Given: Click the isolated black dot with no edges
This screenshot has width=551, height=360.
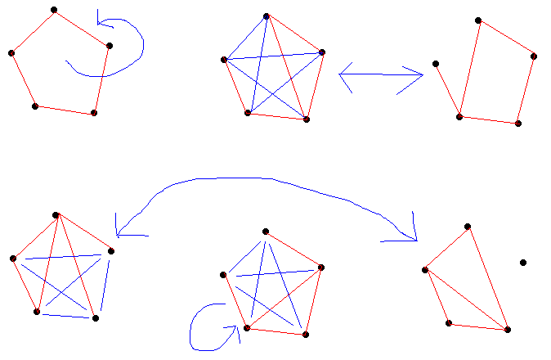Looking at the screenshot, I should coord(523,263).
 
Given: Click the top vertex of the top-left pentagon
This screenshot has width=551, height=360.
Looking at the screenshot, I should coord(54,10).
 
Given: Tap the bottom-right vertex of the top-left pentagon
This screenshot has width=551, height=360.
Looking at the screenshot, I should coord(94,113).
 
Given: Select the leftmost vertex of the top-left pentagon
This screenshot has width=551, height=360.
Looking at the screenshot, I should coord(11,53).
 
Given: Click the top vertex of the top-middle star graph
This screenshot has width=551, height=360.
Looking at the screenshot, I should coord(267,16).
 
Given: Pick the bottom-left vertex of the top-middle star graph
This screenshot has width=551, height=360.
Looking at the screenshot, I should coord(247,112).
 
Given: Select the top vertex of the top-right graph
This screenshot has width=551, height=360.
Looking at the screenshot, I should coord(477,21).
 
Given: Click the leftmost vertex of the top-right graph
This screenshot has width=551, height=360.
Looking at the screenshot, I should coord(436,64).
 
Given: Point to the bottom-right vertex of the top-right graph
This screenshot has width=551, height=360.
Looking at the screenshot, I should coord(518,124).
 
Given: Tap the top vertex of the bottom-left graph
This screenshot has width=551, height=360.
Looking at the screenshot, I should coord(56,215).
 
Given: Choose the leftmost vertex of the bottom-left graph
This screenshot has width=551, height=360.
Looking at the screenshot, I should coord(13,259).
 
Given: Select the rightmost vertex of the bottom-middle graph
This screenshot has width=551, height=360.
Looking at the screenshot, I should coord(321,268).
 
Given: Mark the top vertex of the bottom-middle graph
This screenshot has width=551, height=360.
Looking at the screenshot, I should coord(265,232).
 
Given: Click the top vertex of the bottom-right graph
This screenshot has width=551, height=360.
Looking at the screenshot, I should coord(468,227).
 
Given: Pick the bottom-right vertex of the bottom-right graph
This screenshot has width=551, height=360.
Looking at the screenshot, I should coord(508,330).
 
